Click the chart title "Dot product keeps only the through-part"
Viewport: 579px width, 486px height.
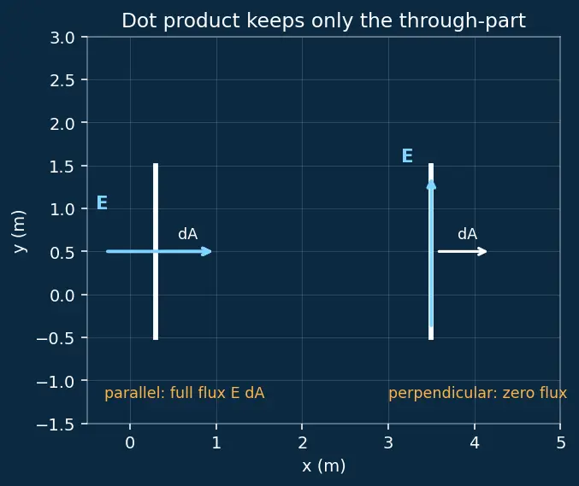tap(323, 20)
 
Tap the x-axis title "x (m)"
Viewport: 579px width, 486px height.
tap(324, 466)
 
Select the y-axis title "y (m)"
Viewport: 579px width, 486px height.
tap(19, 231)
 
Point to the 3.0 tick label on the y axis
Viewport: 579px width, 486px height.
tap(62, 38)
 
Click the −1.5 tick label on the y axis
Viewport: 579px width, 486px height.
tap(56, 425)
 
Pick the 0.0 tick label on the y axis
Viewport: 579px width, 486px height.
tap(62, 296)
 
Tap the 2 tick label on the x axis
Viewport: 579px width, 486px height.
tap(303, 442)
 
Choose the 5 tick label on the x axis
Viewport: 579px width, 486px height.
tap(561, 442)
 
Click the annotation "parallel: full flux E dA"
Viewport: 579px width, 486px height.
tap(185, 393)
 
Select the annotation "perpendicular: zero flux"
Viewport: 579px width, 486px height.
tap(477, 393)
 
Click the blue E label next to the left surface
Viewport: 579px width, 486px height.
tap(102, 202)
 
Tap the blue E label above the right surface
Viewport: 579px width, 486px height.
tap(407, 155)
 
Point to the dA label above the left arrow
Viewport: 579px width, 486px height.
tap(187, 234)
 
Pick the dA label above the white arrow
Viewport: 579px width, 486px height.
tap(468, 234)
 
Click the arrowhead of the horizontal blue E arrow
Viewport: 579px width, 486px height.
tap(208, 251)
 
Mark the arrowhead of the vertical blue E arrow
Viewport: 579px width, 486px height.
tap(431, 184)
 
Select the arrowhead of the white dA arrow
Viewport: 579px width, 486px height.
tap(483, 251)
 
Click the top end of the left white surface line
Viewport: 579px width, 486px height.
tap(156, 164)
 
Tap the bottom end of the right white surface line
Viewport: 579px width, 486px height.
tap(431, 339)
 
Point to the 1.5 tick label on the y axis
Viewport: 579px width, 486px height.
tap(62, 167)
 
